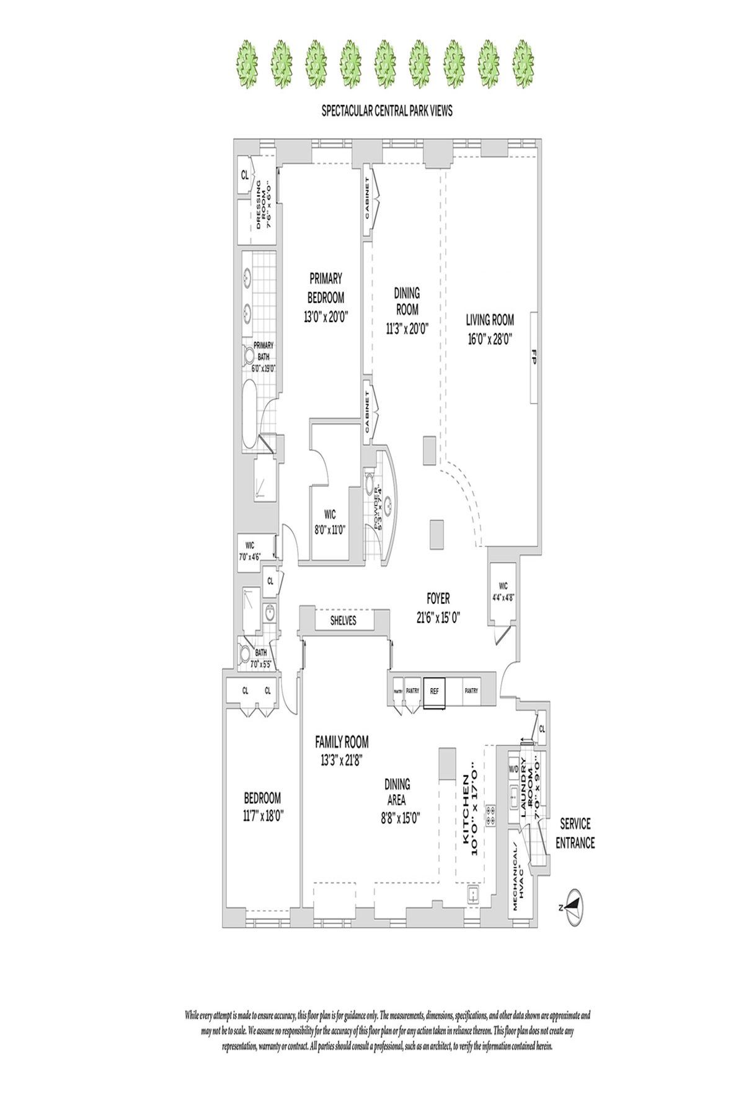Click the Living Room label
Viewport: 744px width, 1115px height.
coord(490,320)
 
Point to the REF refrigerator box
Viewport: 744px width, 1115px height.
coord(434,691)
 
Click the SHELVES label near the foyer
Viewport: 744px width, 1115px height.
coord(342,621)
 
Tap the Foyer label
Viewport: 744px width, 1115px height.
coord(438,599)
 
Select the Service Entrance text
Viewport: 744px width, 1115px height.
coord(577,833)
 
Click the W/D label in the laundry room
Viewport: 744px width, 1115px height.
coord(514,769)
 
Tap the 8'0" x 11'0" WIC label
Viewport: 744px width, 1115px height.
coord(330,530)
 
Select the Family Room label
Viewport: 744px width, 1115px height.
coord(342,741)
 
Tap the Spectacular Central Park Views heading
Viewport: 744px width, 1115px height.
coord(386,111)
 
